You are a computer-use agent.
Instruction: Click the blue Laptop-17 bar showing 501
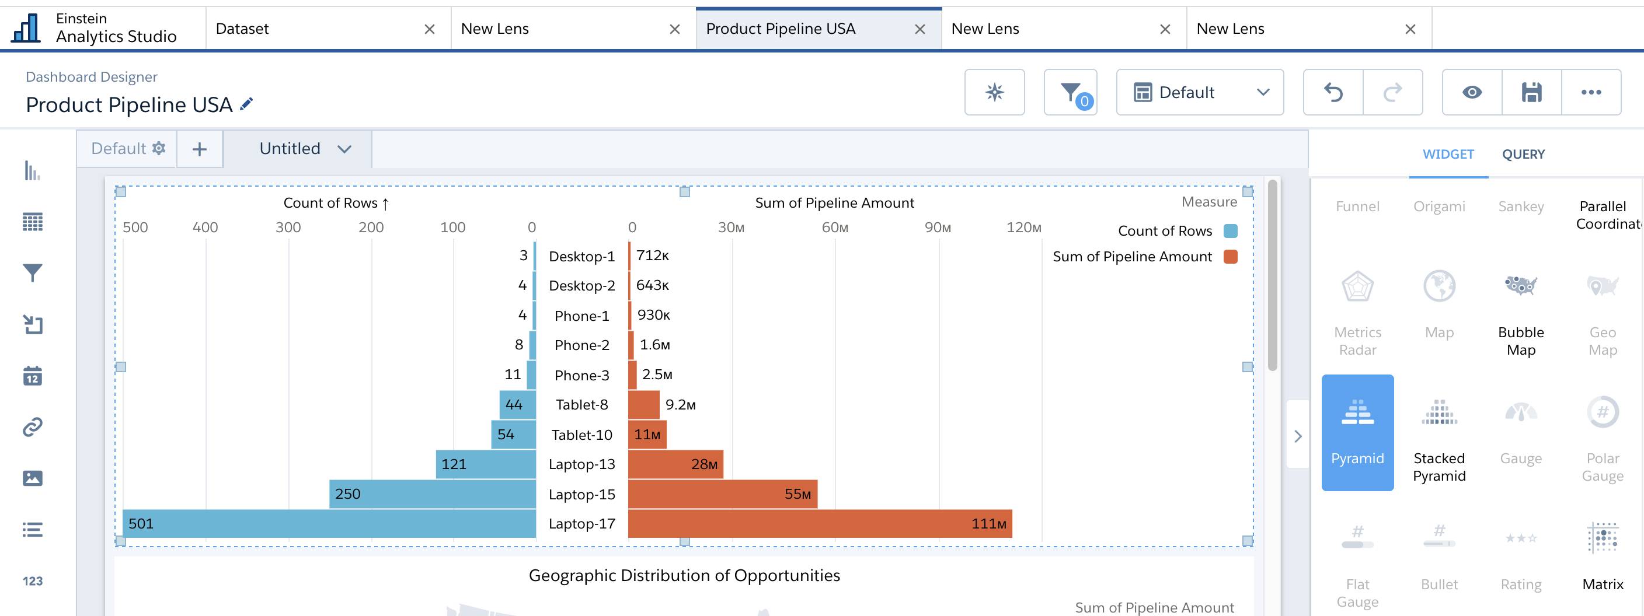(329, 523)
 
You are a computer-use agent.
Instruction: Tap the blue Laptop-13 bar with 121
(486, 464)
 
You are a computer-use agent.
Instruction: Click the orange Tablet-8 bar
(643, 405)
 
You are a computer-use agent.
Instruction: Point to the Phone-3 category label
(581, 375)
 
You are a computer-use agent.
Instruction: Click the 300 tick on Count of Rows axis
(288, 227)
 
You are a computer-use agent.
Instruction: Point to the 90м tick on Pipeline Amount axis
(938, 227)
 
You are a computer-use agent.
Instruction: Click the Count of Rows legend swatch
(1230, 231)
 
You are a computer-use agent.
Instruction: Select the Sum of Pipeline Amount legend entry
(1132, 256)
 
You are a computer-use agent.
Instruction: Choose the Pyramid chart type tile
(1357, 432)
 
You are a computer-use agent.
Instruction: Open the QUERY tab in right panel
(1523, 155)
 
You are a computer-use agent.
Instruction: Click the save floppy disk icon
(1531, 93)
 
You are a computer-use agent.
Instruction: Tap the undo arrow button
(1333, 93)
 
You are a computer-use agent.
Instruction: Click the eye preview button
(1472, 93)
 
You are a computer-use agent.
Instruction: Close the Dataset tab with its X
(430, 29)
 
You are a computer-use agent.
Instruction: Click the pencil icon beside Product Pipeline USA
(246, 104)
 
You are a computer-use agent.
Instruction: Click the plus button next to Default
(200, 149)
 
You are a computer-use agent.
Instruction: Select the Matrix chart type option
(1602, 555)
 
